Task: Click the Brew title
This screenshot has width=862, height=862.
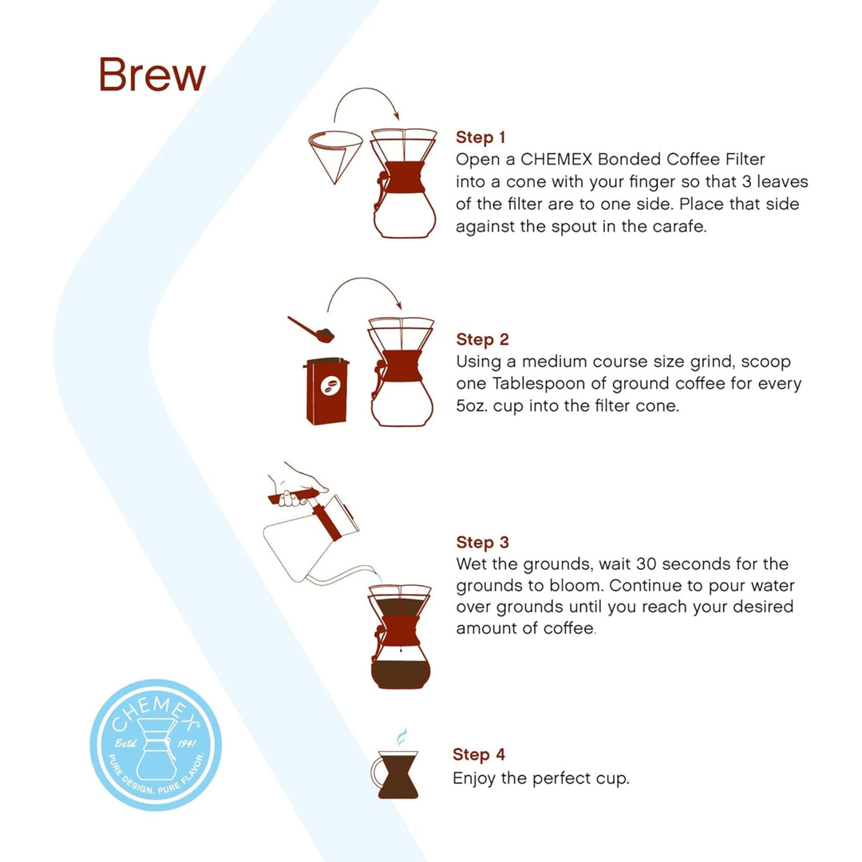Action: point(152,75)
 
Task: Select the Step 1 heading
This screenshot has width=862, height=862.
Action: point(480,137)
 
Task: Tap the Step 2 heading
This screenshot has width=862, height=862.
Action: point(482,340)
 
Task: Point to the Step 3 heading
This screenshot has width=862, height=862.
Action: point(482,543)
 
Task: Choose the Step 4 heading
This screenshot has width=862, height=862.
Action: point(479,754)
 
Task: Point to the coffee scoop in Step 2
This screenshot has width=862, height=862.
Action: point(310,327)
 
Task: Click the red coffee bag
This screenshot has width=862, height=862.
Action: point(326,391)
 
